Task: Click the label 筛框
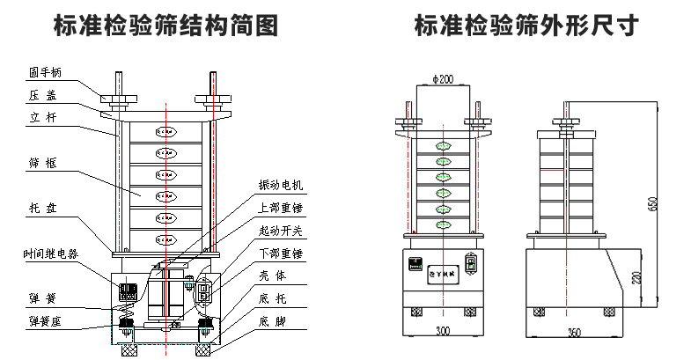point(41,163)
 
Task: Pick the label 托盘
point(41,209)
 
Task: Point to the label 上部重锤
point(281,209)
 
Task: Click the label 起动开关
point(281,231)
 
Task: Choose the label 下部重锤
point(281,254)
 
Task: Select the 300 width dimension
point(442,333)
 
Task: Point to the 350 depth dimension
point(575,333)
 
